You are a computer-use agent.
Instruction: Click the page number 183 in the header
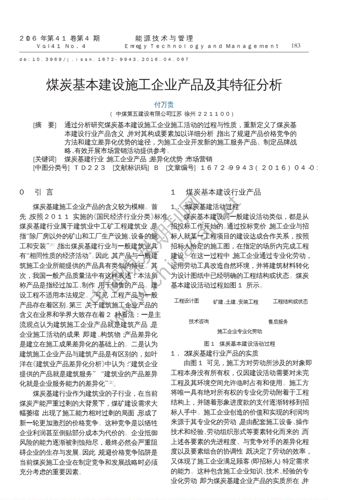pyautogui.click(x=296, y=46)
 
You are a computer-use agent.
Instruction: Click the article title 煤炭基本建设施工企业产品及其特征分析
pyautogui.click(x=164, y=85)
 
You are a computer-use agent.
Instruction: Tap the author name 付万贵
pyautogui.click(x=164, y=105)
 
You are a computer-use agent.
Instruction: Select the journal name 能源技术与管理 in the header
pyautogui.click(x=164, y=38)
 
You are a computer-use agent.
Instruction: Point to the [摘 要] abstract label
pyautogui.click(x=44, y=125)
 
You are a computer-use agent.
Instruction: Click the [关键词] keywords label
pyautogui.click(x=44, y=159)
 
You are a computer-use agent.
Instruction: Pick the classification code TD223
pyautogui.click(x=89, y=168)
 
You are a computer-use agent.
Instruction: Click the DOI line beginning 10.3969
pyautogui.click(x=104, y=59)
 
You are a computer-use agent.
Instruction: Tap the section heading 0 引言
pyautogui.click(x=36, y=192)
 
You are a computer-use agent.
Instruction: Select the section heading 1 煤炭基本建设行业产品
pyautogui.click(x=216, y=192)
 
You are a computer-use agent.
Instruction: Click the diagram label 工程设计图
pyautogui.click(x=186, y=301)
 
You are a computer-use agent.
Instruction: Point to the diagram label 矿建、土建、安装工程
pyautogui.click(x=235, y=302)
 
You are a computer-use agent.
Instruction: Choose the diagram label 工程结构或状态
pyautogui.click(x=290, y=302)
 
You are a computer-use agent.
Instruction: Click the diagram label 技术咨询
pyautogui.click(x=199, y=322)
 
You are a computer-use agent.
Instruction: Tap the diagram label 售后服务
pyautogui.click(x=278, y=322)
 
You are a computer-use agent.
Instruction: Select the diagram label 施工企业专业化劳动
pyautogui.click(x=239, y=331)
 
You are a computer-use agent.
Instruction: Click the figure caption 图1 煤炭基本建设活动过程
pyautogui.click(x=239, y=344)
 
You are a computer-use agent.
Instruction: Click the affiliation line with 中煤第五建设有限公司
pyautogui.click(x=171, y=114)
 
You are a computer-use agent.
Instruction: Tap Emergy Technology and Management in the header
pyautogui.click(x=202, y=46)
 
